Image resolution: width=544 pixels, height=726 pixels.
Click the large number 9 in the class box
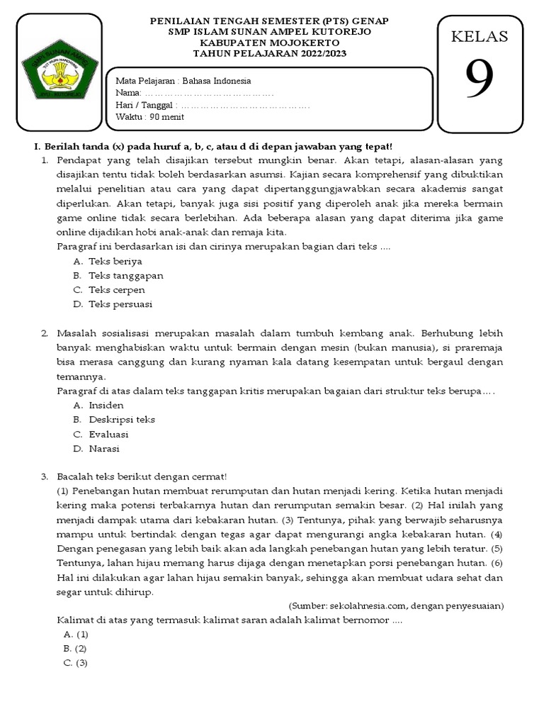tap(480, 79)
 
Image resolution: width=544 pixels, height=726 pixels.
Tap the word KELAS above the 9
tap(480, 36)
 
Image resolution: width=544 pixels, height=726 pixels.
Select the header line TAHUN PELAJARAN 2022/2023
tap(271, 54)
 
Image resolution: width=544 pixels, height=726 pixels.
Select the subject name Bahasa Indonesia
tap(213, 81)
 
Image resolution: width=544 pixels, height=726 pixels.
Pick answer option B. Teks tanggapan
tap(118, 275)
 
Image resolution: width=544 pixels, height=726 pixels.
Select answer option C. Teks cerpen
tap(109, 290)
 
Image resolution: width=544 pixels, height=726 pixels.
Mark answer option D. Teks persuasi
tap(113, 304)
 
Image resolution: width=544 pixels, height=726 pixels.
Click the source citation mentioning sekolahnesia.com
tap(396, 605)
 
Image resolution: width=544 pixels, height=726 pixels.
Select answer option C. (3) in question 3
tap(75, 663)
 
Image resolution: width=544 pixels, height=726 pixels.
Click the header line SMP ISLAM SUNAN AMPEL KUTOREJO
tap(271, 33)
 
